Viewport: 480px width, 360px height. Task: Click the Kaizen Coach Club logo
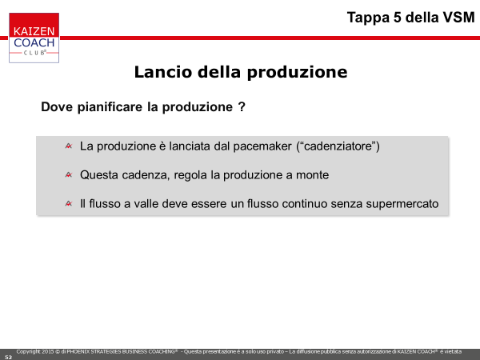pyautogui.click(x=34, y=38)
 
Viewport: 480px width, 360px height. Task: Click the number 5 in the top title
pyautogui.click(x=397, y=18)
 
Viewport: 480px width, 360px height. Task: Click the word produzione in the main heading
pyautogui.click(x=297, y=73)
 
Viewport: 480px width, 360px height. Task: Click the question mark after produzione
pyautogui.click(x=242, y=107)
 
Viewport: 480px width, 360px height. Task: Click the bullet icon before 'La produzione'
pyautogui.click(x=69, y=146)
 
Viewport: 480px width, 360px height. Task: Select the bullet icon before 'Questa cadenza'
pyautogui.click(x=69, y=174)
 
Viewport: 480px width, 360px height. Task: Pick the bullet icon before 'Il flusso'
pyautogui.click(x=69, y=203)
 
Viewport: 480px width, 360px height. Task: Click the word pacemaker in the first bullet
pyautogui.click(x=262, y=146)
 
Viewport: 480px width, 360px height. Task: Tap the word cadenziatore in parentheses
pyautogui.click(x=338, y=146)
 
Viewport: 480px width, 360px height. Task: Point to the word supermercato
pyautogui.click(x=402, y=204)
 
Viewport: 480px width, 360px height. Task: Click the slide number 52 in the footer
pyautogui.click(x=8, y=358)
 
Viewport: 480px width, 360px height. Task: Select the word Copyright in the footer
pyautogui.click(x=28, y=352)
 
